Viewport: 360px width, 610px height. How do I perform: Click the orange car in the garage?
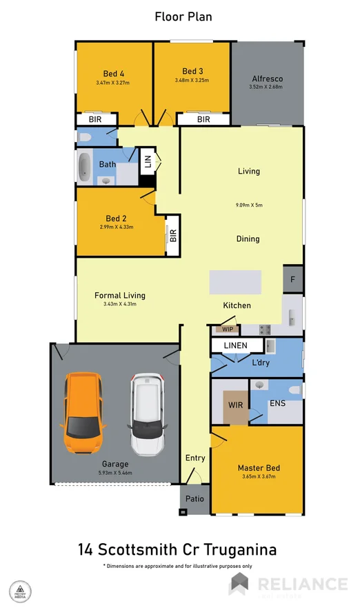click(x=83, y=411)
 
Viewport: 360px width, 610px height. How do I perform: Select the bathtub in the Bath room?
click(x=85, y=167)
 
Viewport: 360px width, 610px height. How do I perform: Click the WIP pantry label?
click(x=227, y=329)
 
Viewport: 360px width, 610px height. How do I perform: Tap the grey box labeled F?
click(x=292, y=280)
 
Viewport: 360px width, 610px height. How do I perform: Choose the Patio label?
click(x=193, y=498)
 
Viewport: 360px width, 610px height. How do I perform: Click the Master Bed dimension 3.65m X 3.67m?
click(x=259, y=477)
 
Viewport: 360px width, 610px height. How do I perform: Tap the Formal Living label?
click(x=119, y=295)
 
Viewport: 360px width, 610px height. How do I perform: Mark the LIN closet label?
click(x=147, y=163)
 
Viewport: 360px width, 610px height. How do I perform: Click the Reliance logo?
click(x=288, y=584)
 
